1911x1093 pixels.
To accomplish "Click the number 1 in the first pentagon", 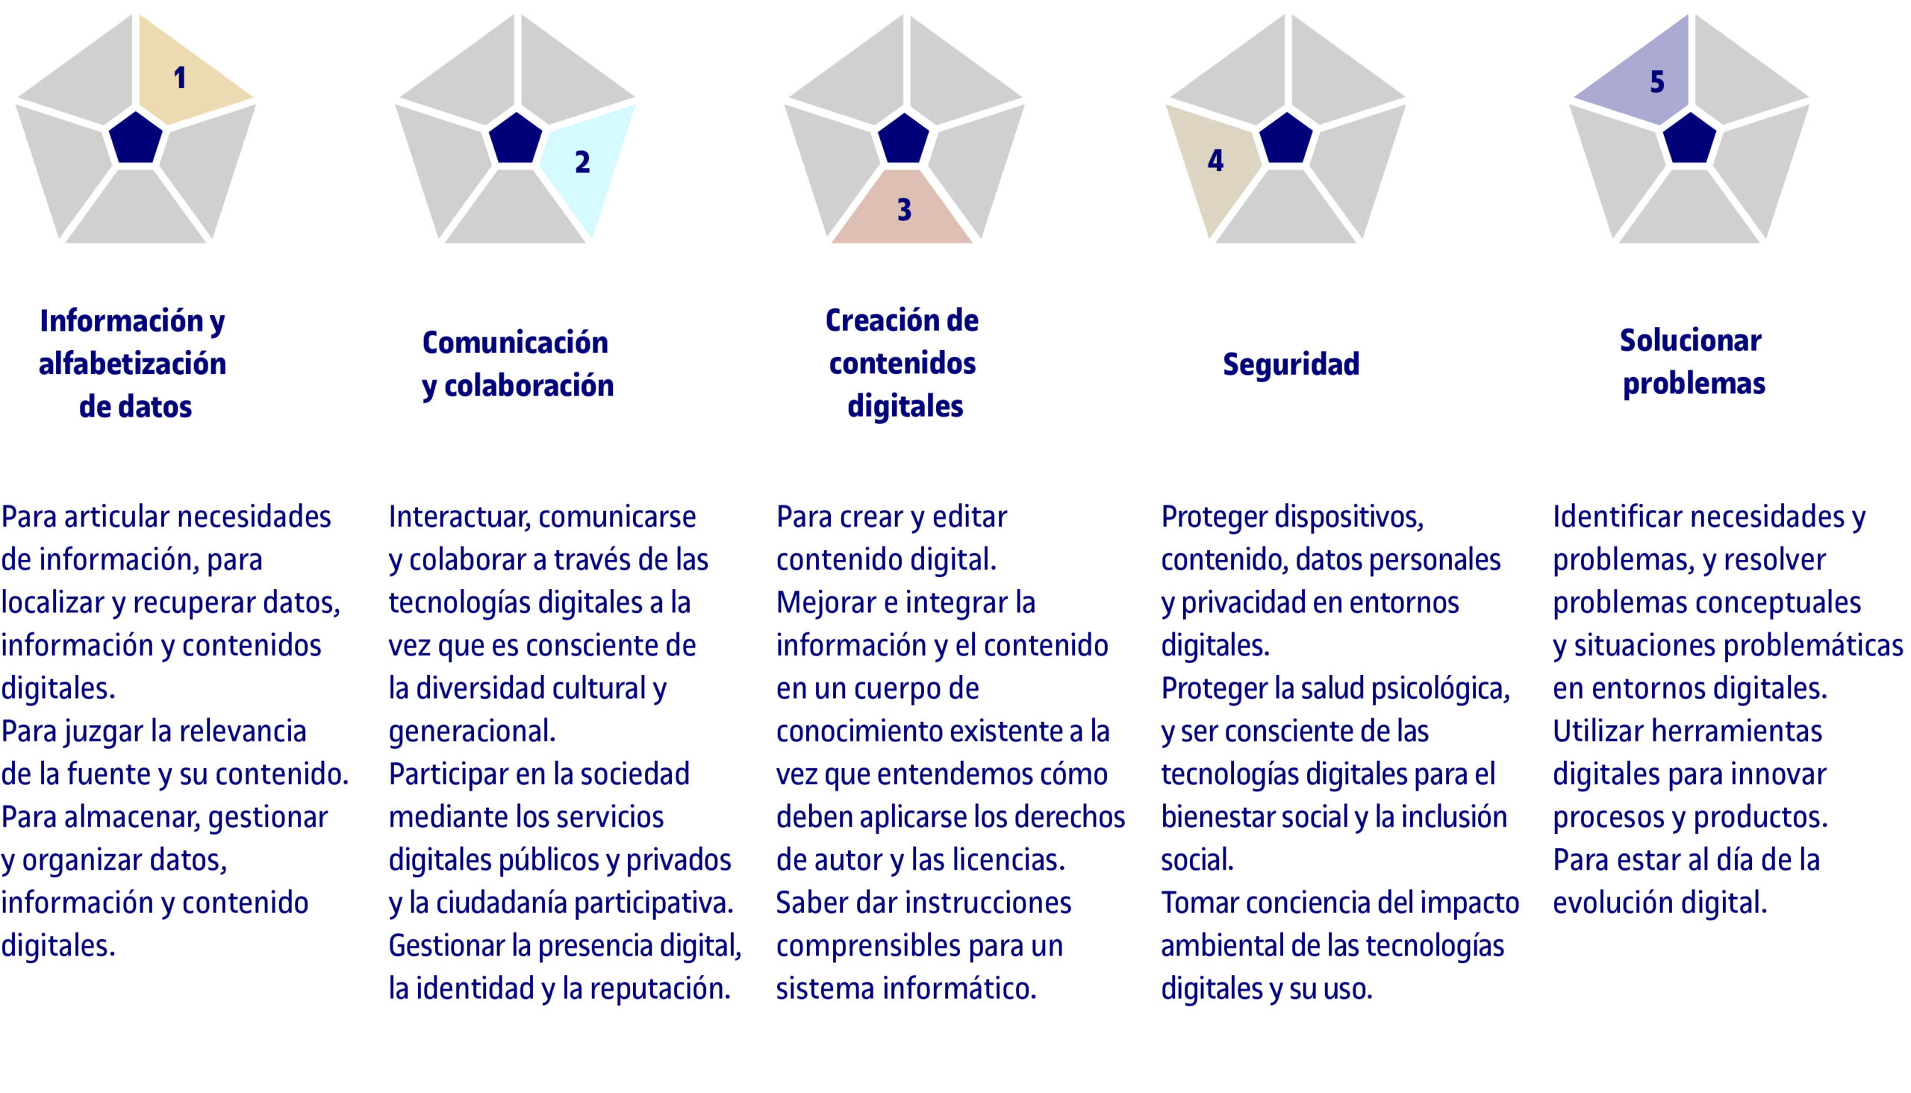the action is tap(179, 78).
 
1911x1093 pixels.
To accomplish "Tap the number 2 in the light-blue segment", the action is tap(582, 162).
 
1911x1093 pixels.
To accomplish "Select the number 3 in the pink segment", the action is tap(905, 210).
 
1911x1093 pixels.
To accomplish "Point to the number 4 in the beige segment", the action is tap(1216, 160).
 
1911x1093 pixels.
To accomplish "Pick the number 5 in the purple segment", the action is tap(1657, 82).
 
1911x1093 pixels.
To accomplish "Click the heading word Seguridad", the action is tap(1291, 364).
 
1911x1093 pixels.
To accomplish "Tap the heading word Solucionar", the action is tap(1690, 340).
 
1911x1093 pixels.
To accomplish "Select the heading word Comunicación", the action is tap(515, 343).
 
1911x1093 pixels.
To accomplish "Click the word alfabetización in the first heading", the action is tap(132, 364).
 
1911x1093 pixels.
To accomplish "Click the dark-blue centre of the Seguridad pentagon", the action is tap(1285, 138).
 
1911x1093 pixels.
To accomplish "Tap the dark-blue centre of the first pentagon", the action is tap(136, 138).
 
